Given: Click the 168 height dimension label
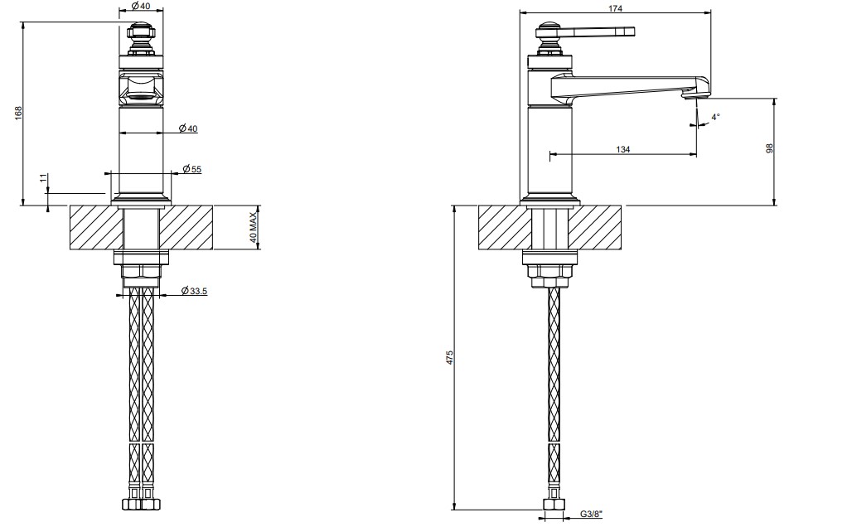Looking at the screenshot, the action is (x=18, y=113).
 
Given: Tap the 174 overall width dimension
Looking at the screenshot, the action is (x=615, y=8).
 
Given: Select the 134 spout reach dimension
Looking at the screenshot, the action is (x=623, y=149).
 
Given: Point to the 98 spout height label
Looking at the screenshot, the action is (x=770, y=148).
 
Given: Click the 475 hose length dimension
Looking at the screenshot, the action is (x=450, y=357).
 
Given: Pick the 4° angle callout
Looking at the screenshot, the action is (x=715, y=117).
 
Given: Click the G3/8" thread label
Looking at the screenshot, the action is (x=592, y=514).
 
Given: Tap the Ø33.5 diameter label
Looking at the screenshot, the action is (x=194, y=291).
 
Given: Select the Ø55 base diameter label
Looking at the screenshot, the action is (x=191, y=169).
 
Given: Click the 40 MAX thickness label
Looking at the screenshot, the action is (x=254, y=227).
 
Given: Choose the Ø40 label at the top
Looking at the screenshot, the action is (x=141, y=6).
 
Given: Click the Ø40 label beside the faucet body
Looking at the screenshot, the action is (x=188, y=128).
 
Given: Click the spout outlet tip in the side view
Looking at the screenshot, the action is (x=695, y=96).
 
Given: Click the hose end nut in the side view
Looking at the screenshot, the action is (x=554, y=505).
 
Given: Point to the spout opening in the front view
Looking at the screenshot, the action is (x=141, y=97).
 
